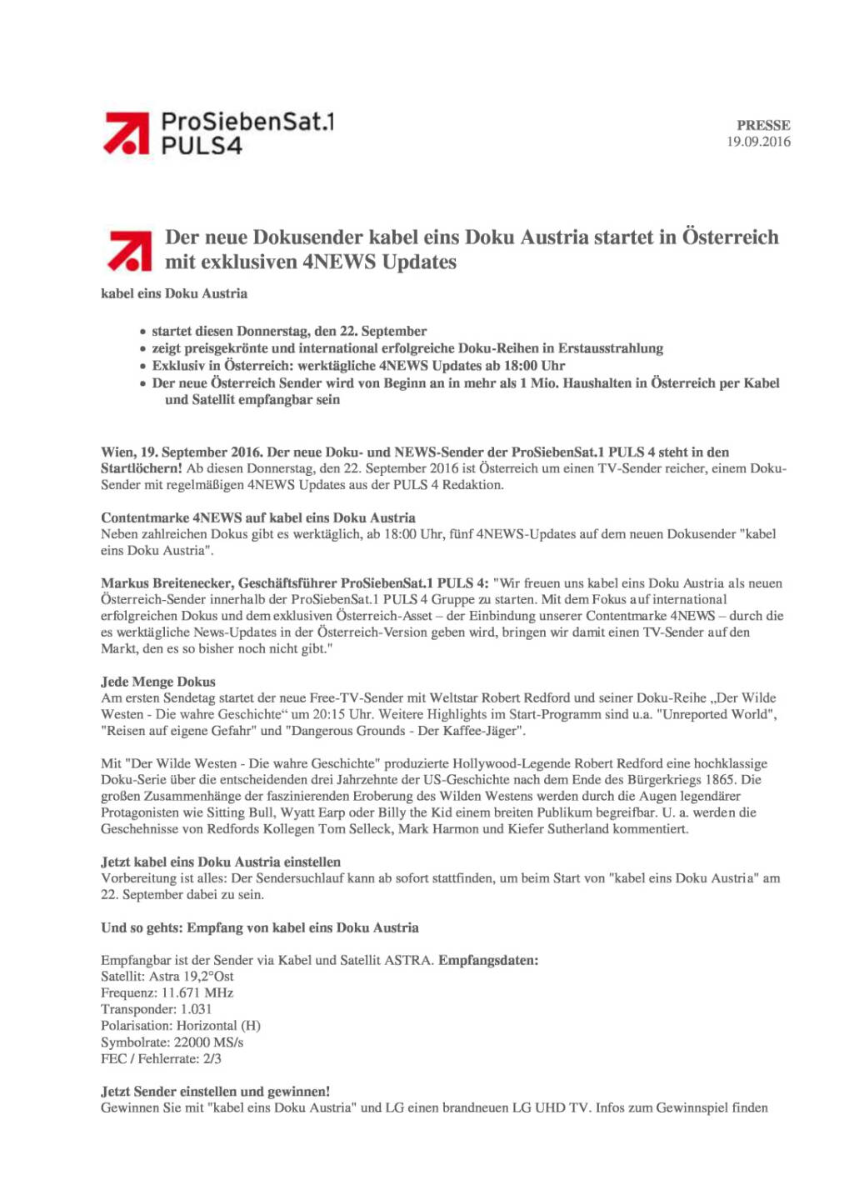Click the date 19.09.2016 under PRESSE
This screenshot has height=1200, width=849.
click(x=758, y=142)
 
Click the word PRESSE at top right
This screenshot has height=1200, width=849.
click(x=763, y=125)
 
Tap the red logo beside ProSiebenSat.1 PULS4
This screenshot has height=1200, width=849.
click(x=127, y=133)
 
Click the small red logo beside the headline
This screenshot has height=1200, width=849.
click(x=130, y=250)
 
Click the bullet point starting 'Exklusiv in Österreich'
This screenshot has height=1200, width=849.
click(x=358, y=366)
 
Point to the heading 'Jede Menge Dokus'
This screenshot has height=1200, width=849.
click(x=158, y=682)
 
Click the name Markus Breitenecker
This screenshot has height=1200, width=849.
click(x=167, y=583)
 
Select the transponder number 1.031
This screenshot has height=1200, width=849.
click(x=196, y=1009)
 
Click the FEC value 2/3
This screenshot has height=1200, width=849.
click(x=212, y=1059)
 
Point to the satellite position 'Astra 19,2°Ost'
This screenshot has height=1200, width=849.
click(x=192, y=977)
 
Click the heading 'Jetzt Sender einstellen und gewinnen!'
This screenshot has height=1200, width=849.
click(x=216, y=1092)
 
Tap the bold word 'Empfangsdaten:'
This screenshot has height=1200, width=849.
click(x=488, y=960)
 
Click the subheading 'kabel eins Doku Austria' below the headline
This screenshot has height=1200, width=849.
click(x=174, y=293)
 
